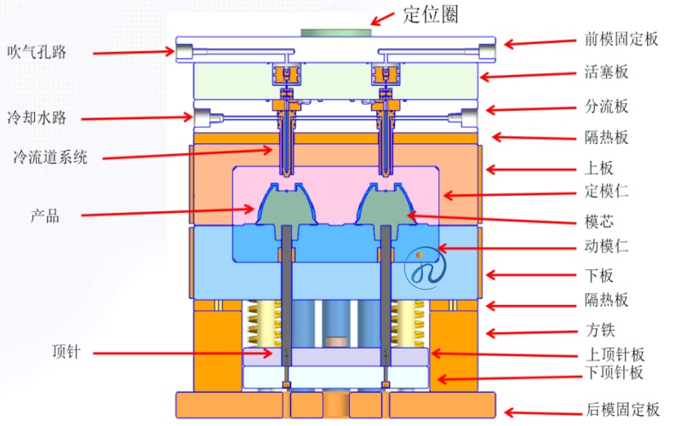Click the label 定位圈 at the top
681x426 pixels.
click(431, 14)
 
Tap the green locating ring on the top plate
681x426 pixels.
click(336, 33)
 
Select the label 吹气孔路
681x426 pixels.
click(37, 52)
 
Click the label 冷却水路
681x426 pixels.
click(37, 118)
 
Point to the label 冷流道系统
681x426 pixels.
click(50, 157)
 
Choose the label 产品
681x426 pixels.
click(45, 216)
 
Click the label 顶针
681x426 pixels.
click(66, 351)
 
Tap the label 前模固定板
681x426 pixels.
click(621, 39)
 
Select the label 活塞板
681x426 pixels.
click(606, 72)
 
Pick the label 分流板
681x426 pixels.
click(606, 106)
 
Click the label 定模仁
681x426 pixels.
click(606, 191)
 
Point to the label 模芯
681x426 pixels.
click(599, 222)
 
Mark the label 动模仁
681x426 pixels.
click(606, 246)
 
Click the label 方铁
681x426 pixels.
click(601, 330)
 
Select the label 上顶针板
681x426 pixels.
click(615, 354)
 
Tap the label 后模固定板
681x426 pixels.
click(623, 409)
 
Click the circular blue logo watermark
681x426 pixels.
click(425, 268)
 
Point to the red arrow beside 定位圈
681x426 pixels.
click(382, 19)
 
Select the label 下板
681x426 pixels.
click(599, 275)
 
